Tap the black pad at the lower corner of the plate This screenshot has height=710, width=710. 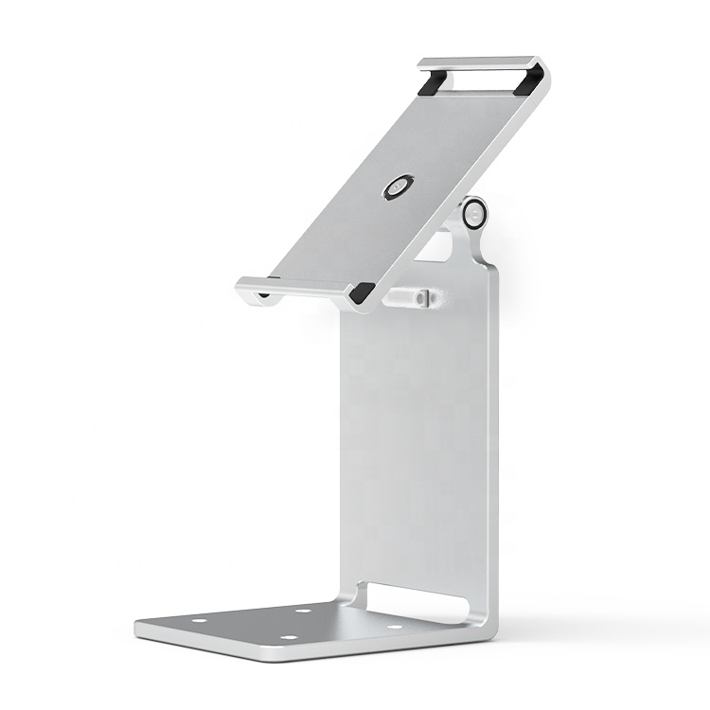click(363, 294)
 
